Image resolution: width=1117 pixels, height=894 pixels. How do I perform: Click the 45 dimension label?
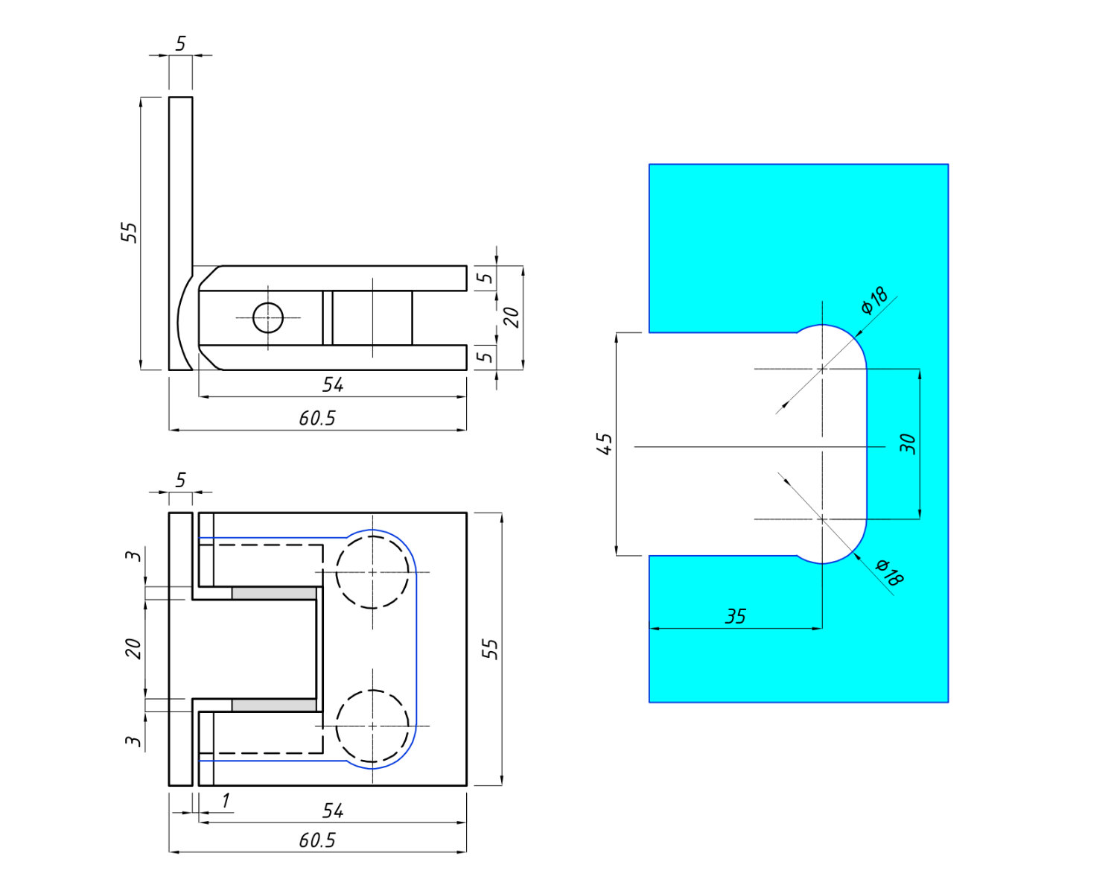click(605, 444)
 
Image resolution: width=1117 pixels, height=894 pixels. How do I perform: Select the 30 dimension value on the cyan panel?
click(908, 444)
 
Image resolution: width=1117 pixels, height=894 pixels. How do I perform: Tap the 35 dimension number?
click(735, 617)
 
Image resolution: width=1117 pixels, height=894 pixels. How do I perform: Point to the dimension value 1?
click(226, 801)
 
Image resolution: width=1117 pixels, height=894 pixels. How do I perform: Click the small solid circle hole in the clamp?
click(268, 318)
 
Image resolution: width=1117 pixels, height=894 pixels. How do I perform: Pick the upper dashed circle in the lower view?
click(372, 571)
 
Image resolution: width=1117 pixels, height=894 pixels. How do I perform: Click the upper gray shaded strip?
click(273, 593)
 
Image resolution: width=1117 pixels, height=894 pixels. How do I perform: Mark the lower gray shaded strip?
click(273, 705)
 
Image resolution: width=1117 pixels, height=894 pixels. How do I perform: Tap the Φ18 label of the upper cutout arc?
click(874, 300)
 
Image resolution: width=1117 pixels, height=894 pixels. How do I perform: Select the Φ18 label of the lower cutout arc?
click(889, 572)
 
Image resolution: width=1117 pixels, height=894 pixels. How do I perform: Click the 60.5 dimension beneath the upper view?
click(317, 419)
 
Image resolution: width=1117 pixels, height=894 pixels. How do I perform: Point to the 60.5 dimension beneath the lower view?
click(317, 840)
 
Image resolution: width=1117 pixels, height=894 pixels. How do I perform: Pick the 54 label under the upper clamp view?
click(333, 385)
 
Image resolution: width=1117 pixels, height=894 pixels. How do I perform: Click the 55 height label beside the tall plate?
click(130, 232)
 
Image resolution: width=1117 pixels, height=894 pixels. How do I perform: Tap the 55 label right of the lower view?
click(490, 648)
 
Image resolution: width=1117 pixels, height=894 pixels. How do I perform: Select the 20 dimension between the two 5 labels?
click(512, 318)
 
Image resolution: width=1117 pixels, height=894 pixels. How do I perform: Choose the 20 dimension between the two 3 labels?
click(134, 648)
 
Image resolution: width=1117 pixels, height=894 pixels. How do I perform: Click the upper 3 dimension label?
click(134, 556)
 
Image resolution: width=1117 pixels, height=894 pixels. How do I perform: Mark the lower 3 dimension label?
click(134, 741)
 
